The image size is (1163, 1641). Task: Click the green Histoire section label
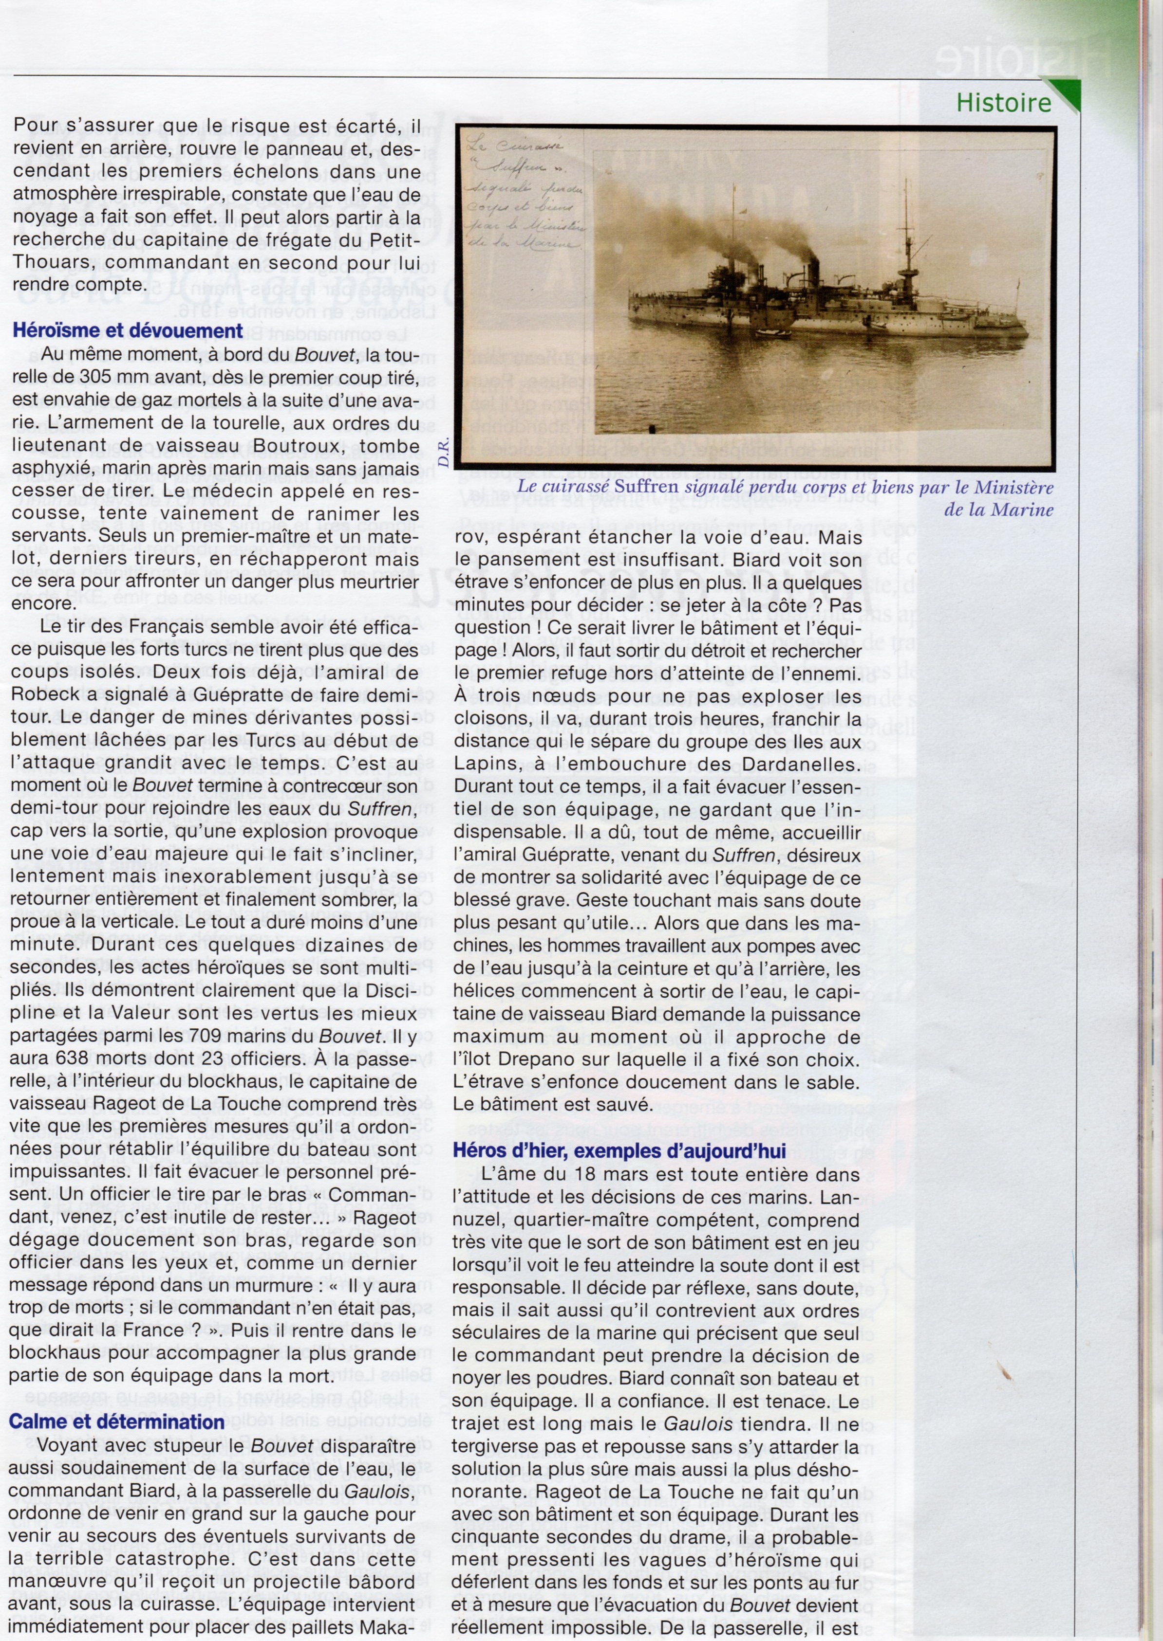1003,103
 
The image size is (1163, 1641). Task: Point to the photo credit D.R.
443,450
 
